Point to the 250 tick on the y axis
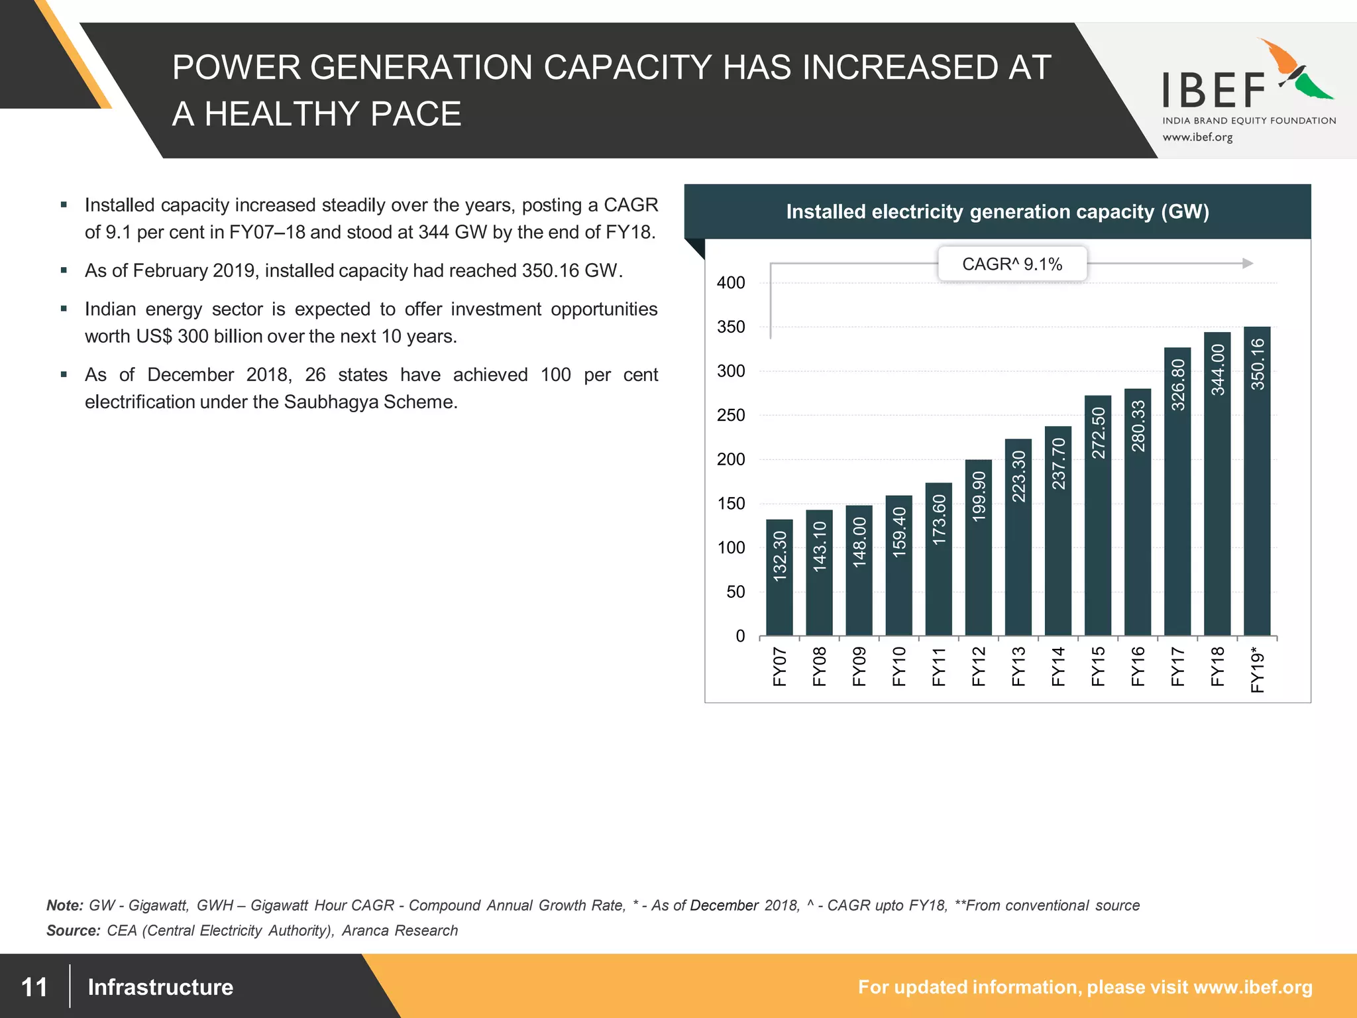[731, 416]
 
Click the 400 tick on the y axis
[731, 283]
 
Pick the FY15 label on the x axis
[1098, 666]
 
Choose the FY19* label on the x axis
[1257, 669]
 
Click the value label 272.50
[1098, 433]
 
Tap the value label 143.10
[820, 546]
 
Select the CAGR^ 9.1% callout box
[1012, 264]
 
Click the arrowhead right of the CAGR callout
[1247, 264]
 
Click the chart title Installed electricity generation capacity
[997, 212]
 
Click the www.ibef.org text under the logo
[1197, 138]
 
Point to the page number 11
[34, 988]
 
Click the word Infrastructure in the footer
[160, 988]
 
